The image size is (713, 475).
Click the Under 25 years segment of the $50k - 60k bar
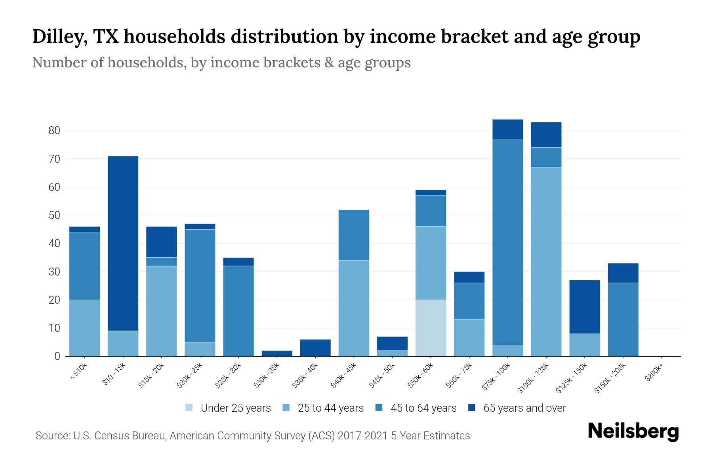point(431,328)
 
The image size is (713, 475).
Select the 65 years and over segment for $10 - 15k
point(123,243)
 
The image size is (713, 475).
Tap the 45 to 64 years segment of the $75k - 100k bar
point(507,241)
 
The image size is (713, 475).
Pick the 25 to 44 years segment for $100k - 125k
point(546,261)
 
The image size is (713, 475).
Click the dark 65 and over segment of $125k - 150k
point(584,307)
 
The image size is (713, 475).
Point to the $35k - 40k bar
point(315,348)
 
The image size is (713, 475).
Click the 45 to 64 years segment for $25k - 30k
point(238,311)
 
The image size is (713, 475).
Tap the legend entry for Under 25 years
point(228,408)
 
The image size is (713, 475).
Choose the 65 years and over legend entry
point(517,408)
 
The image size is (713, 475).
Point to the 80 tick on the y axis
point(54,131)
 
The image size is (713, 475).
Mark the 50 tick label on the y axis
point(54,215)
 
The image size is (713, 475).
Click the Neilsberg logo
point(633,431)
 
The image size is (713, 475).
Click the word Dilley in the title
point(59,37)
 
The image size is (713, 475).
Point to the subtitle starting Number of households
point(221,63)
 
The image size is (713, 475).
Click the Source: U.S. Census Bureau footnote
point(253,436)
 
